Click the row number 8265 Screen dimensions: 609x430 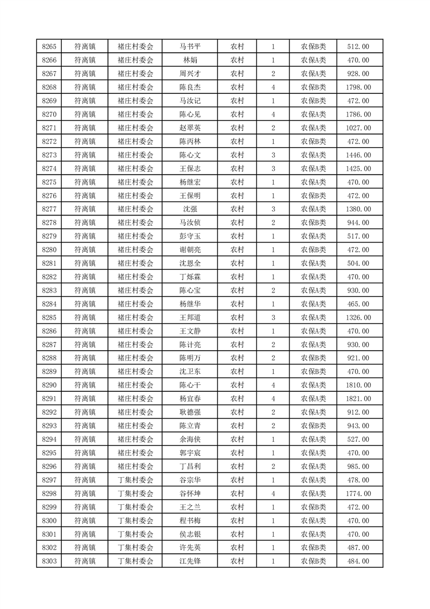[49, 47]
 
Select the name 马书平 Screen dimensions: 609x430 [190, 47]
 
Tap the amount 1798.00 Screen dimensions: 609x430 [358, 87]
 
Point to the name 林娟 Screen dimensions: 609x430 [190, 60]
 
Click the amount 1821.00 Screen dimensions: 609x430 [358, 399]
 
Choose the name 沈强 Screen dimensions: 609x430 [190, 209]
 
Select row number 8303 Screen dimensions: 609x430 [49, 561]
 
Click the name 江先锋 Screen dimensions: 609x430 [190, 561]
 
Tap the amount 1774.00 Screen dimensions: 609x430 [358, 494]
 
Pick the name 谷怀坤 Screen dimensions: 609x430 [190, 494]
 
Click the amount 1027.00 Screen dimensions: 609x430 [358, 128]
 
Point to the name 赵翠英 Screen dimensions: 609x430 [190, 128]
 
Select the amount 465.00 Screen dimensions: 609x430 [358, 304]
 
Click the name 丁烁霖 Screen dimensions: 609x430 [190, 277]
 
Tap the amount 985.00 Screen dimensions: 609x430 [358, 467]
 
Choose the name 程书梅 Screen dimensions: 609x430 [190, 521]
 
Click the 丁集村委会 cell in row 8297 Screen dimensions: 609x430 [136, 480]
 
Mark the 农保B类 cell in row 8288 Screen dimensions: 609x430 [313, 358]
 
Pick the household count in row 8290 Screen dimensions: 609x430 [273, 385]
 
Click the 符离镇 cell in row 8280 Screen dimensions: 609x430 [85, 250]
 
